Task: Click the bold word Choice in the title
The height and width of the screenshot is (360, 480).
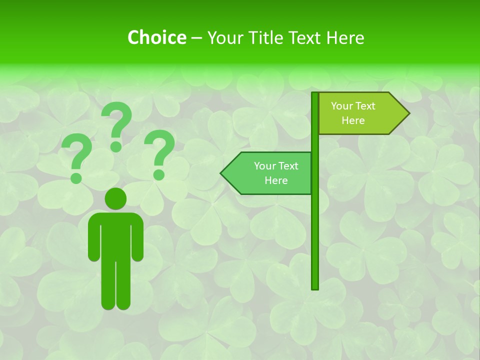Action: pos(156,37)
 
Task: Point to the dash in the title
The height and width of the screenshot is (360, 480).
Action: pos(196,38)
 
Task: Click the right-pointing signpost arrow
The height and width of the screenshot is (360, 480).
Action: pos(360,113)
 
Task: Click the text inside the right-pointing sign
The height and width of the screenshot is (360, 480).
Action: pos(353,113)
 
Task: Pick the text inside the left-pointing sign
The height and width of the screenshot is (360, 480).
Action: pos(276,173)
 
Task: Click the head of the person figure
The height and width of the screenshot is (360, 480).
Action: pos(115,198)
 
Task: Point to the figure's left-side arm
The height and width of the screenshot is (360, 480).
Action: pos(93,240)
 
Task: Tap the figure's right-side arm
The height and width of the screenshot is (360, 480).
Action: pos(138,240)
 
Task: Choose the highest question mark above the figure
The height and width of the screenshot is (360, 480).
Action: pos(117,125)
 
